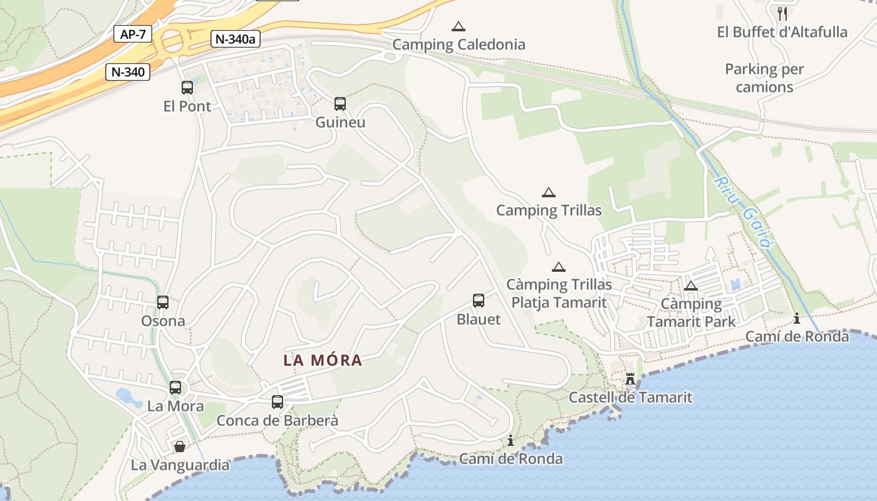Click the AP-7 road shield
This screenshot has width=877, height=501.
(133, 34)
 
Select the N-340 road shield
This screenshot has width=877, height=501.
(128, 72)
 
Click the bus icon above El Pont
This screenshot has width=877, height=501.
(187, 88)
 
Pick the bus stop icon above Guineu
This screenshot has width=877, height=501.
(340, 103)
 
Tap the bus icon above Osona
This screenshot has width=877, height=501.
(163, 302)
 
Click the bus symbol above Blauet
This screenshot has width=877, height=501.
(479, 301)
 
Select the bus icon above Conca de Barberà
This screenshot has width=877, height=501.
(278, 402)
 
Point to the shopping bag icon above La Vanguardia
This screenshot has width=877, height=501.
(180, 447)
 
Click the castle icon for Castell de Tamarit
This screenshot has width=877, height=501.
(630, 379)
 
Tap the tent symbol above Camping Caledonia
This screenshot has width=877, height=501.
(459, 26)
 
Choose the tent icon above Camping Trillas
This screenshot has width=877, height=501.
(549, 192)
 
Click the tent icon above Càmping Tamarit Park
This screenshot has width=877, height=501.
(691, 286)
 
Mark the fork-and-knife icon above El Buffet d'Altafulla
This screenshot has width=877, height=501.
(782, 13)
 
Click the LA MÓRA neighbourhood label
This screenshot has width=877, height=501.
(323, 361)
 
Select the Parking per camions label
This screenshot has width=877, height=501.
(764, 78)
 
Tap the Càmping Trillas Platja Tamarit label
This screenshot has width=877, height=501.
(559, 294)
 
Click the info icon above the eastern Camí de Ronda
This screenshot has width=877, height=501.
(797, 318)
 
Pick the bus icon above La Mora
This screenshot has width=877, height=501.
(175, 388)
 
